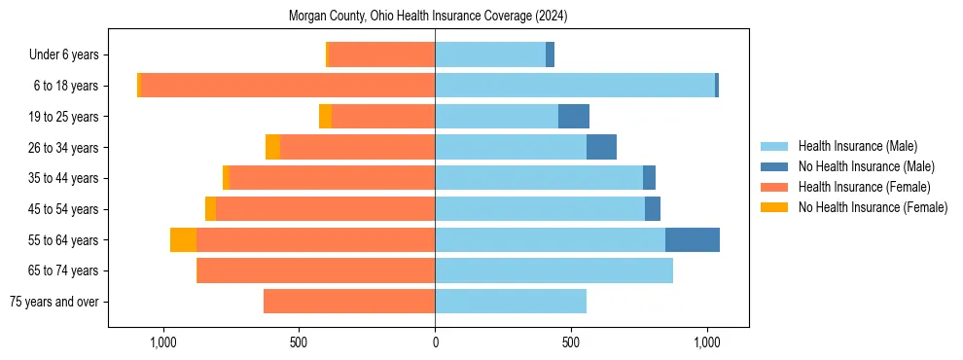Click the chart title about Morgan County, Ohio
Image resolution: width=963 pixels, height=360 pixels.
click(x=428, y=17)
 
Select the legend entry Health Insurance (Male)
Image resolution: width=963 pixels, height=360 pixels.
click(x=857, y=146)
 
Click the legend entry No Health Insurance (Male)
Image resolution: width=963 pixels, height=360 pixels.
click(x=866, y=166)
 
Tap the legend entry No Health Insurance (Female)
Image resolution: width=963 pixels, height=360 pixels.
click(x=873, y=207)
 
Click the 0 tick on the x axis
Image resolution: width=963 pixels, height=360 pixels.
click(x=435, y=342)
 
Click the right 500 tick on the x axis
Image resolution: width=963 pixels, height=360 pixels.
click(x=572, y=342)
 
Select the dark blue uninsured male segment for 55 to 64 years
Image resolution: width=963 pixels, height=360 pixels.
click(x=693, y=240)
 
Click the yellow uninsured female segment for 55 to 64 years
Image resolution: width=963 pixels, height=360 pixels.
click(x=183, y=240)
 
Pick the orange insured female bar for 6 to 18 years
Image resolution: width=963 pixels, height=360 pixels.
click(x=287, y=86)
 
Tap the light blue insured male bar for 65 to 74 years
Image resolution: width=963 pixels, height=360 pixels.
click(x=553, y=270)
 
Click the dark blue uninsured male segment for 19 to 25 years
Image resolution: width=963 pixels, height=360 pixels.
click(x=574, y=117)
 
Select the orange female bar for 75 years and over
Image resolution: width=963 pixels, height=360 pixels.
click(x=349, y=302)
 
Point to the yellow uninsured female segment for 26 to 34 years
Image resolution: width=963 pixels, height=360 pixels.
click(x=272, y=147)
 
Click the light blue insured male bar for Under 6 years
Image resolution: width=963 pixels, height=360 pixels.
click(x=490, y=55)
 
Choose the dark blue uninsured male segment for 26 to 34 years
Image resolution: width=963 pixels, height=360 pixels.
click(x=601, y=147)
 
